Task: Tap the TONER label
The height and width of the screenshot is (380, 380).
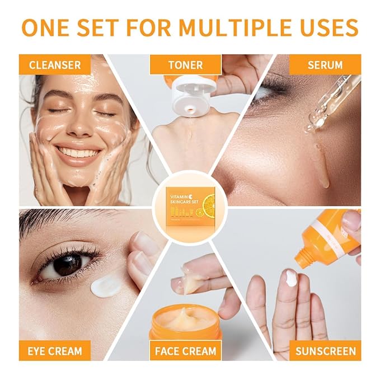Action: pos(185,64)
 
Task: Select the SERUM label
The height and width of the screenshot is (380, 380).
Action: pos(325,64)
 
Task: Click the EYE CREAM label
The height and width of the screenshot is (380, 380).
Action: pos(54,351)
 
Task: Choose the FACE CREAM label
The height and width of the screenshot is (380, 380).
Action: pos(185,351)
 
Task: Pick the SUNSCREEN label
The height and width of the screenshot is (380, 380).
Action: pos(325,351)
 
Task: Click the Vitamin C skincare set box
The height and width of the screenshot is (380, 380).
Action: pos(190,204)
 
